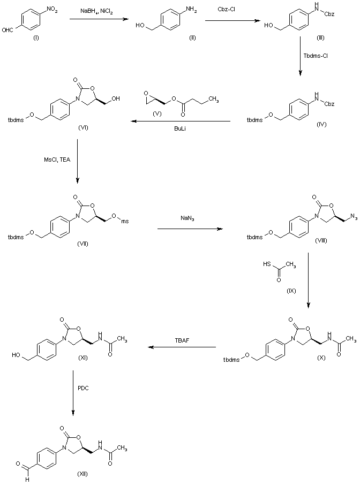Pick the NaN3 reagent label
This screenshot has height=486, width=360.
pyautogui.click(x=187, y=218)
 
